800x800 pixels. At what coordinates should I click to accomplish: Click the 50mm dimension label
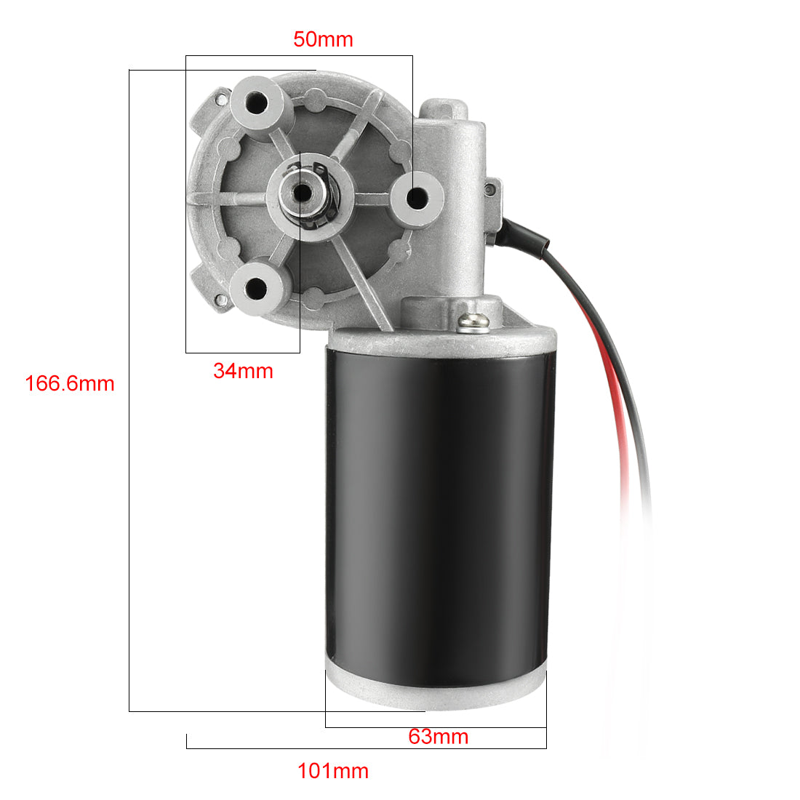coord(323,39)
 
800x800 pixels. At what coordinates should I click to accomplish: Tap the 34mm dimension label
coord(243,371)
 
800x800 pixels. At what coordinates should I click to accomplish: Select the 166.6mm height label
coord(70,383)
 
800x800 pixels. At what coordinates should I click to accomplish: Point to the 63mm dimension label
coord(438,737)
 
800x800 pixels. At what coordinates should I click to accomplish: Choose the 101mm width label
coord(333,771)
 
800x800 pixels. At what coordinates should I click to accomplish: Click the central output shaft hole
coord(300,192)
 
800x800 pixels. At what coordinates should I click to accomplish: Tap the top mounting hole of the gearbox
coord(257,102)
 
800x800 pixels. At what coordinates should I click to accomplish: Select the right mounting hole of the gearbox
coord(417,196)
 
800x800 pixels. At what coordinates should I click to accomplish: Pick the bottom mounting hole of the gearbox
coord(255,289)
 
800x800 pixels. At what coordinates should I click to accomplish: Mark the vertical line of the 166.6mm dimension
coord(129,509)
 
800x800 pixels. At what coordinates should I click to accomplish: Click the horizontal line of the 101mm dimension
coord(364,748)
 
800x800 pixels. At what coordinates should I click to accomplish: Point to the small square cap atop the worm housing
coord(444,109)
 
